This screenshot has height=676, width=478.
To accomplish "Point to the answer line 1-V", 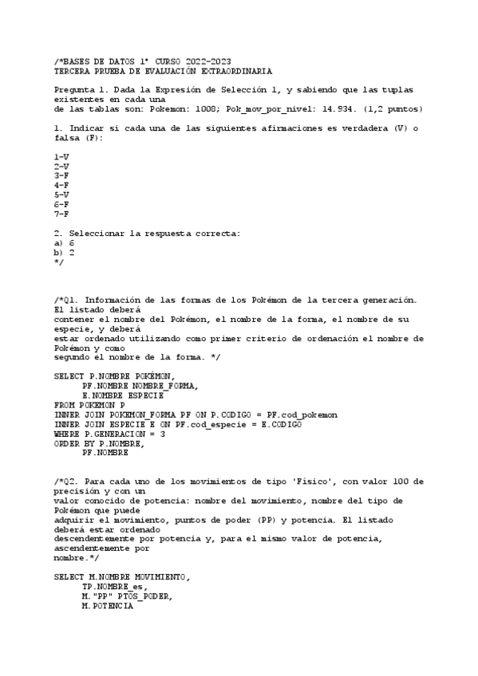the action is tap(61, 156).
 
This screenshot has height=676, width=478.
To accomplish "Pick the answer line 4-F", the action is tap(61, 185).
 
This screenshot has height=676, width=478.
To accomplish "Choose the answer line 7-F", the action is tap(61, 214).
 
